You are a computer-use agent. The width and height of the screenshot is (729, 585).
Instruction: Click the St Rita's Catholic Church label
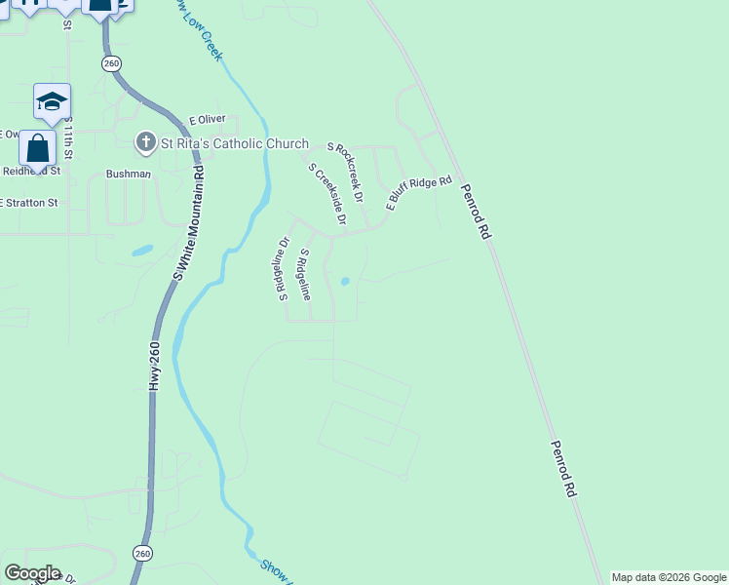(x=234, y=143)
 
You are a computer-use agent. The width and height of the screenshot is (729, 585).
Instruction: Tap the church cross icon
(x=145, y=143)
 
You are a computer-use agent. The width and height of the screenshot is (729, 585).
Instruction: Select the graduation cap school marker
(x=52, y=100)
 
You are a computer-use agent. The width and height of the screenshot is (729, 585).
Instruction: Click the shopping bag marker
(x=37, y=149)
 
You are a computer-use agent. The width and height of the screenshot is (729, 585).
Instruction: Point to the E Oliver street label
(x=207, y=119)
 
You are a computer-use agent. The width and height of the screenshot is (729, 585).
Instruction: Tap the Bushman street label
(x=129, y=175)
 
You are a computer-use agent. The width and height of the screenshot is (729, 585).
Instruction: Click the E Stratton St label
(x=29, y=204)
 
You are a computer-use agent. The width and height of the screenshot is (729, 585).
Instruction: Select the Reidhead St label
(x=31, y=171)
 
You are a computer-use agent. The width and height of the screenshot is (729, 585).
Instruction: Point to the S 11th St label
(x=68, y=138)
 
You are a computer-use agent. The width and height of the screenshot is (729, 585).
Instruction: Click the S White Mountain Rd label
(x=190, y=222)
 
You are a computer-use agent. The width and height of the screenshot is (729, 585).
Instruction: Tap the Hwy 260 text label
(x=154, y=367)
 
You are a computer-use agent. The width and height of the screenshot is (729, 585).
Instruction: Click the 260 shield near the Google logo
(x=142, y=553)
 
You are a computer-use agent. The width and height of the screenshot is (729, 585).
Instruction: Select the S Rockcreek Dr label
(x=346, y=172)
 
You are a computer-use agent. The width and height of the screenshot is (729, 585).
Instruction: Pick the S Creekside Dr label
(x=327, y=194)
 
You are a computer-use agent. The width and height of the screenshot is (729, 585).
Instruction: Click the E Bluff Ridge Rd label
(x=419, y=193)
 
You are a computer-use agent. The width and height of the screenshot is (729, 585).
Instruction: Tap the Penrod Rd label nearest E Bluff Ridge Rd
(x=473, y=212)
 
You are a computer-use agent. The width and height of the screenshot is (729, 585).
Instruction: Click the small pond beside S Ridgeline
(x=345, y=283)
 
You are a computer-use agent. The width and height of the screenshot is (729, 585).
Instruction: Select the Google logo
(x=32, y=573)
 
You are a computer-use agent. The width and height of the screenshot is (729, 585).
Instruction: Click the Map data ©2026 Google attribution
(x=670, y=578)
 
